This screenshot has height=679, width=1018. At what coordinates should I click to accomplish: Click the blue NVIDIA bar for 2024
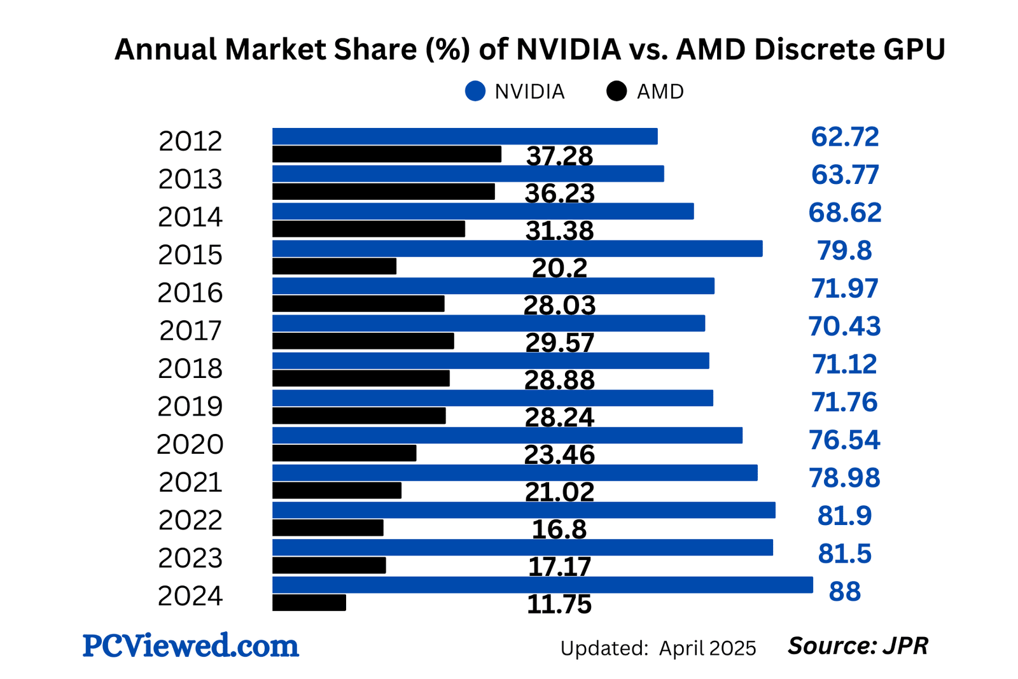(x=542, y=585)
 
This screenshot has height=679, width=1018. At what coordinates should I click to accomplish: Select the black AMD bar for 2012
(x=386, y=154)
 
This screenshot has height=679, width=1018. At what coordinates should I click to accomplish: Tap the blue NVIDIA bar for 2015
(x=517, y=248)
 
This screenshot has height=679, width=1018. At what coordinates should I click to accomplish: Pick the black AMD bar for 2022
(x=328, y=528)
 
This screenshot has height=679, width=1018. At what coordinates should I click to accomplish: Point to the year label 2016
(x=190, y=293)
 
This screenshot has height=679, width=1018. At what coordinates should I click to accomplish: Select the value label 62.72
(x=844, y=137)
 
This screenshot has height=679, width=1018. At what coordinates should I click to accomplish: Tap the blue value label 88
(x=844, y=592)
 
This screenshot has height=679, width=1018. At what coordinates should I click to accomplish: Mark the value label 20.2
(x=559, y=269)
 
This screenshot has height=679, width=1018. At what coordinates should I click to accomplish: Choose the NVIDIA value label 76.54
(x=844, y=440)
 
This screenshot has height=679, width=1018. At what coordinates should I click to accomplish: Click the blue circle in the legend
(x=475, y=92)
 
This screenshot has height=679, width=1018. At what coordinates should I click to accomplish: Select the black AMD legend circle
(x=617, y=92)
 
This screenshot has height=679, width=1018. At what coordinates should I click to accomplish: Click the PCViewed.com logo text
(x=190, y=646)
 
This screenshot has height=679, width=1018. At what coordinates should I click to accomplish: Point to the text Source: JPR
(x=858, y=646)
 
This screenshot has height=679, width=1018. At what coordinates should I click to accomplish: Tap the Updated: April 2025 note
(x=658, y=648)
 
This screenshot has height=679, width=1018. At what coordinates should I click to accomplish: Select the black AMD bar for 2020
(x=344, y=453)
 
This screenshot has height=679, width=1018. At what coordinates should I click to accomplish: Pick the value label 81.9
(x=844, y=516)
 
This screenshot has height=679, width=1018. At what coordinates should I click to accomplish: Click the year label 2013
(x=190, y=180)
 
